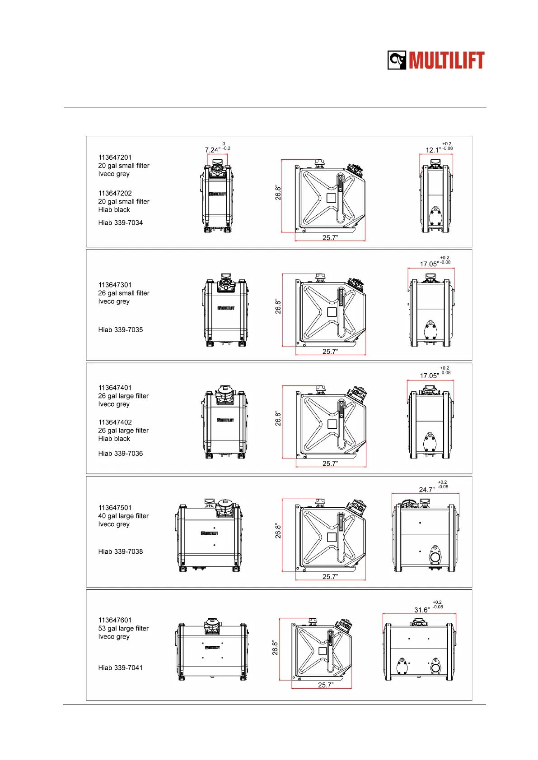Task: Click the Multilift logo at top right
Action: [x=436, y=60]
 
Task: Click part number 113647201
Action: [x=115, y=158]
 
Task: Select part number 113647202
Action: [x=115, y=193]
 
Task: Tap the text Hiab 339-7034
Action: [x=120, y=222]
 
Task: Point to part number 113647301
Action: [x=115, y=285]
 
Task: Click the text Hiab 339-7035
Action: [x=120, y=330]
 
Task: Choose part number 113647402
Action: [x=115, y=422]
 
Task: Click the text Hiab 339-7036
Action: [x=120, y=454]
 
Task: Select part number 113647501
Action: [x=115, y=508]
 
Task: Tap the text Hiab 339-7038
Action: [x=120, y=551]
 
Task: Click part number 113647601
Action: [x=115, y=620]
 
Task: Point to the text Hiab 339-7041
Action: [x=120, y=668]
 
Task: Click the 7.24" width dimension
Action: [x=212, y=150]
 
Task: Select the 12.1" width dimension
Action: [x=433, y=150]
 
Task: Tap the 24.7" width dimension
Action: [x=426, y=490]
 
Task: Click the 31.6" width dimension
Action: [x=422, y=610]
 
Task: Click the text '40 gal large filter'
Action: [x=123, y=516]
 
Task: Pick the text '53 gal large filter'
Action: [x=123, y=628]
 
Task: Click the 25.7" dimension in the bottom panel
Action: [x=325, y=685]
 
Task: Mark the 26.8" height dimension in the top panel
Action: [x=278, y=193]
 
